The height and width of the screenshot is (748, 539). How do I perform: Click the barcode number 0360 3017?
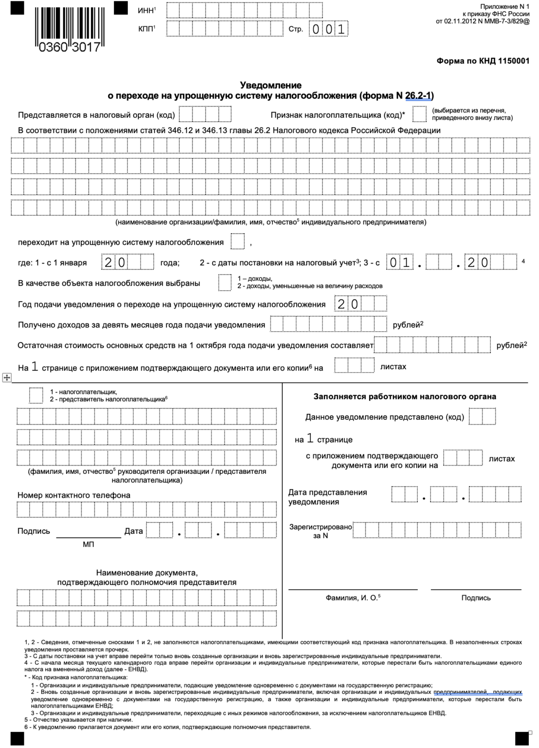69,48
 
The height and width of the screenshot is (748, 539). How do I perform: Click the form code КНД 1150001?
483,61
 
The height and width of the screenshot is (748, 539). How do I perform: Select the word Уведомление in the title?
270,85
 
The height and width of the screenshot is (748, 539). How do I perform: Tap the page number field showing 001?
329,30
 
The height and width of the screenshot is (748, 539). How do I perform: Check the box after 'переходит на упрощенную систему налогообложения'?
237,242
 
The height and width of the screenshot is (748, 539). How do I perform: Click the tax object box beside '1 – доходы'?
224,282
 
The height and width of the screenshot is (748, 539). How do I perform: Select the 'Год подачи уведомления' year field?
360,304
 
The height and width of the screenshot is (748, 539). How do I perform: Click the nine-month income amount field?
328,324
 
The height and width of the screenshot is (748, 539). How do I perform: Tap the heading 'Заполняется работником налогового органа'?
405,396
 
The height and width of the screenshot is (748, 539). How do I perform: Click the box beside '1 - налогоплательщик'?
36,395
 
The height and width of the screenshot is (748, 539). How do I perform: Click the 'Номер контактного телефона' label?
74,495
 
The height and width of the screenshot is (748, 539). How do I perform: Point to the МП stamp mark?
89,544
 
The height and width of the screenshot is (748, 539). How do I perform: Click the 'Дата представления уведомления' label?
327,497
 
